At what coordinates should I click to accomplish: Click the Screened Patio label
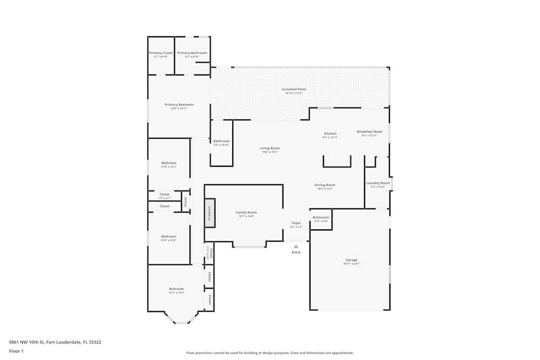pyautogui.click(x=294, y=89)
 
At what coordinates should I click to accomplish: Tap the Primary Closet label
pyautogui.click(x=161, y=53)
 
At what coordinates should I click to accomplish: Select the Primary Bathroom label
pyautogui.click(x=192, y=53)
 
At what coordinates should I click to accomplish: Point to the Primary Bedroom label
pyautogui.click(x=179, y=105)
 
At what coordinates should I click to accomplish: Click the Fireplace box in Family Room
pyautogui.click(x=210, y=213)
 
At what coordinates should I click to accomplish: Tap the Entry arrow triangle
pyautogui.click(x=296, y=246)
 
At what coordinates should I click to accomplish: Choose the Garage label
pyautogui.click(x=351, y=260)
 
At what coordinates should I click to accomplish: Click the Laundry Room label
pyautogui.click(x=377, y=183)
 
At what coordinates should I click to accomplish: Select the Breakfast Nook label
pyautogui.click(x=369, y=132)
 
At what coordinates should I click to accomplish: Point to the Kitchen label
pyautogui.click(x=330, y=134)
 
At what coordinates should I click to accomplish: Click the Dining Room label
pyautogui.click(x=325, y=185)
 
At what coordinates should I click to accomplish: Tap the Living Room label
pyautogui.click(x=270, y=148)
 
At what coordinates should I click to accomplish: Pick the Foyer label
pyautogui.click(x=296, y=223)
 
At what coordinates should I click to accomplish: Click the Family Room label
pyautogui.click(x=246, y=213)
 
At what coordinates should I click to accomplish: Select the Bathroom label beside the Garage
pyautogui.click(x=321, y=218)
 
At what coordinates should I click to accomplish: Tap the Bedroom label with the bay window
pyautogui.click(x=176, y=289)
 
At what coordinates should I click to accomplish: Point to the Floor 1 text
pyautogui.click(x=16, y=351)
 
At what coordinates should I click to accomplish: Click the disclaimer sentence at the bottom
pyautogui.click(x=270, y=353)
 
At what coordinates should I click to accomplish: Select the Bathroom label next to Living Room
pyautogui.click(x=221, y=141)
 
